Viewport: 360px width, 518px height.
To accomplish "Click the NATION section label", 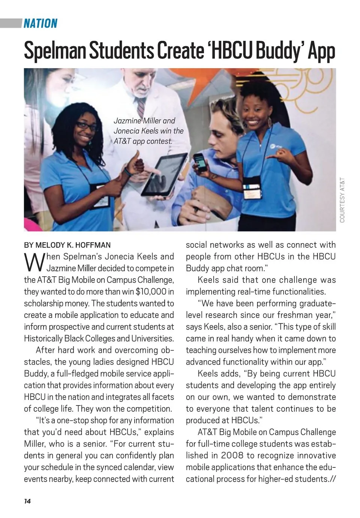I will (x=40, y=24).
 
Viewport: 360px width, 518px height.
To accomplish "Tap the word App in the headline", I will (x=321, y=51).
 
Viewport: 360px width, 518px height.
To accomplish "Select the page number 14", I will (x=27, y=501).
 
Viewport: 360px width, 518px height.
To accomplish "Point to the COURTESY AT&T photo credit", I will (x=342, y=200).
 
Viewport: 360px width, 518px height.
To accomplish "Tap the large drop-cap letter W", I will (x=34, y=262).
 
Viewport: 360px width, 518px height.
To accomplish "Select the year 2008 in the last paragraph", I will (x=232, y=455).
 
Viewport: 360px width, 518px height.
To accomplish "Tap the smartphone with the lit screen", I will (x=200, y=162).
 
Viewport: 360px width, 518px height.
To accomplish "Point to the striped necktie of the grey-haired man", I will (x=141, y=107).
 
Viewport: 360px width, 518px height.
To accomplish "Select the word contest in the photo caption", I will (x=159, y=141).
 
